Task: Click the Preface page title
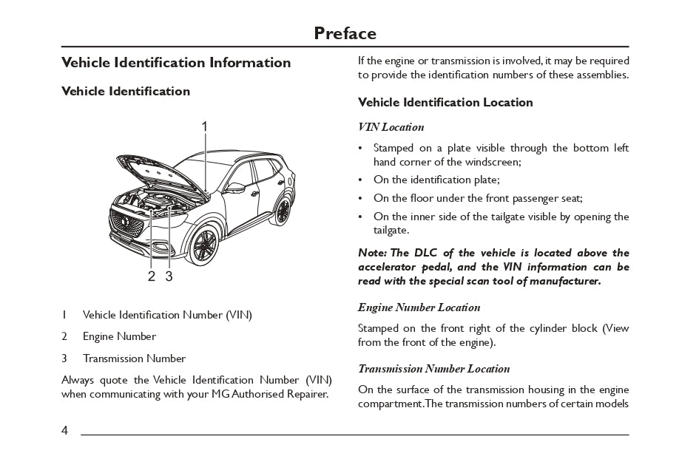345,33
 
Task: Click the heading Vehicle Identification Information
176,63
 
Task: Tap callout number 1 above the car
204,126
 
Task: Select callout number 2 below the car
151,276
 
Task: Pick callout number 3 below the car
169,276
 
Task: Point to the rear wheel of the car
282,210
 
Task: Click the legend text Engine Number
119,336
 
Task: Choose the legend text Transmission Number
134,358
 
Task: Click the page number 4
65,430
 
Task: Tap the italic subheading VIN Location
391,127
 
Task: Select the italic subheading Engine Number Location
419,307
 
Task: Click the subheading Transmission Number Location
433,369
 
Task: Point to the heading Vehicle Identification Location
445,103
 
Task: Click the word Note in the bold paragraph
372,253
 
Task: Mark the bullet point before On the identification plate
360,180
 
